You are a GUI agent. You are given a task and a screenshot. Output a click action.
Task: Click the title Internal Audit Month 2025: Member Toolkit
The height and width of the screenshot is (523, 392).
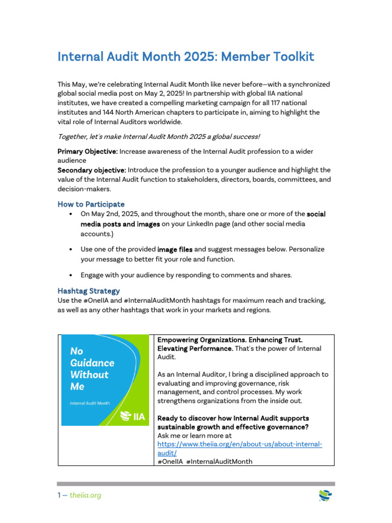(x=186, y=56)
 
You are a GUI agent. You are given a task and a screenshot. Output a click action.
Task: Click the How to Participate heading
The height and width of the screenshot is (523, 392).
(x=91, y=204)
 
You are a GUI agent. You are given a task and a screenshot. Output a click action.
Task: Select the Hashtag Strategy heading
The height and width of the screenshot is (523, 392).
(x=88, y=291)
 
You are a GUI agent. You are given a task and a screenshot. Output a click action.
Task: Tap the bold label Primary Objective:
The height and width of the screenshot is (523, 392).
(x=87, y=152)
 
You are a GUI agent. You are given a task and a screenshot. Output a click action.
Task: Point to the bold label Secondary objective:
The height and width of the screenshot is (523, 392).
(x=91, y=170)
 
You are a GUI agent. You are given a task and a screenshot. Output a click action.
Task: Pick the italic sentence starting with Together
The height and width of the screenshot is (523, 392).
(x=158, y=136)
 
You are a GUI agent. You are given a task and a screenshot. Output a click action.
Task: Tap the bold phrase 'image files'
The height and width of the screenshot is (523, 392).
(x=175, y=249)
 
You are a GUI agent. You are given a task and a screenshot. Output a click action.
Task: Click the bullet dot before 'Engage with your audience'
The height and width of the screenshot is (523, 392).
(x=70, y=275)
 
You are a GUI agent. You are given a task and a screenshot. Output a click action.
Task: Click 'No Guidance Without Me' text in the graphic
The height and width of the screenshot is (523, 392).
(x=92, y=369)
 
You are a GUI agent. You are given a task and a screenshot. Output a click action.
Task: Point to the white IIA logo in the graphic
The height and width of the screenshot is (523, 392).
(x=133, y=417)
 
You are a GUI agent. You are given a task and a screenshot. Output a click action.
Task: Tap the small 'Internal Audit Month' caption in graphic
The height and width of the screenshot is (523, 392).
(x=90, y=403)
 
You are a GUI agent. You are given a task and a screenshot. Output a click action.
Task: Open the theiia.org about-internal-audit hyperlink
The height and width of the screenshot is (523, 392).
(x=240, y=445)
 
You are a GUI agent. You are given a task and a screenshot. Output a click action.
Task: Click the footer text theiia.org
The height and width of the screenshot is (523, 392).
(x=85, y=495)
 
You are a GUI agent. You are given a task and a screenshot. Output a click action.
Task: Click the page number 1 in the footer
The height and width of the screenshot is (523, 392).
(x=59, y=495)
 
